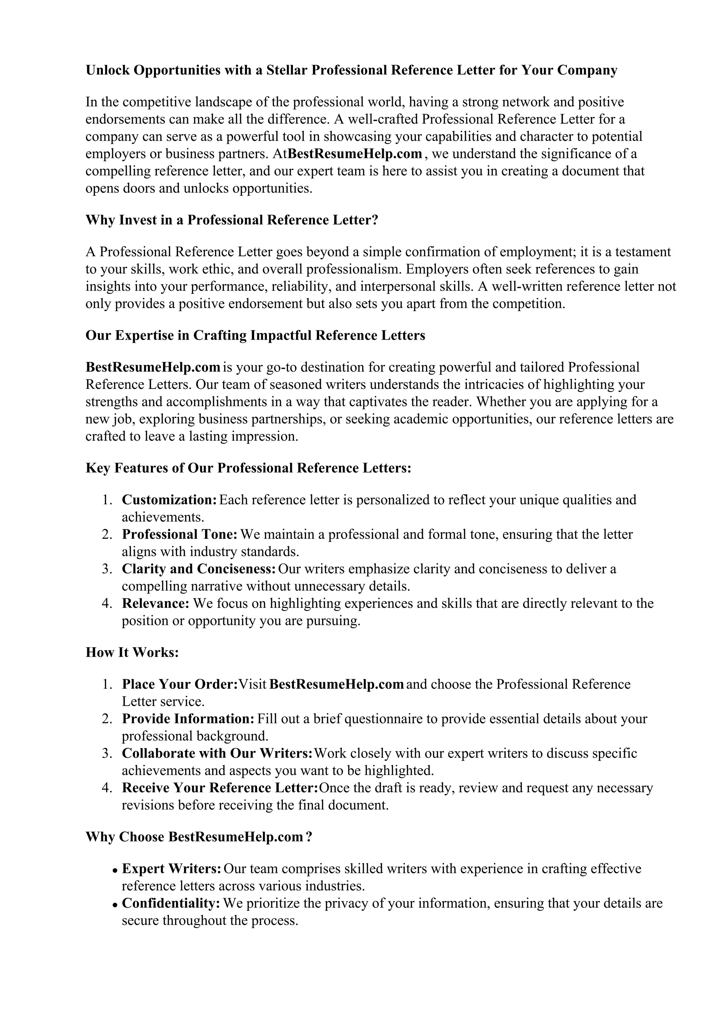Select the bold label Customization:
pyautogui.click(x=169, y=500)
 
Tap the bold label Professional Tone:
pyautogui.click(x=180, y=534)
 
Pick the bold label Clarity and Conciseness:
pyautogui.click(x=199, y=569)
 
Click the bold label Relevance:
pyautogui.click(x=156, y=603)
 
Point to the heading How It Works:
pyautogui.click(x=132, y=652)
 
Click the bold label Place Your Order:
pyautogui.click(x=180, y=684)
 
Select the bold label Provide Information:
pyautogui.click(x=188, y=718)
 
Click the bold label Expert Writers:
pyautogui.click(x=171, y=869)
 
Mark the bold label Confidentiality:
pyautogui.click(x=171, y=903)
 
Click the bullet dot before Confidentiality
pyautogui.click(x=115, y=904)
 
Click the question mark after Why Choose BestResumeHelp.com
pyautogui.click(x=309, y=837)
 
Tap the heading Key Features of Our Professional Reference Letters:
pyautogui.click(x=248, y=468)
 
